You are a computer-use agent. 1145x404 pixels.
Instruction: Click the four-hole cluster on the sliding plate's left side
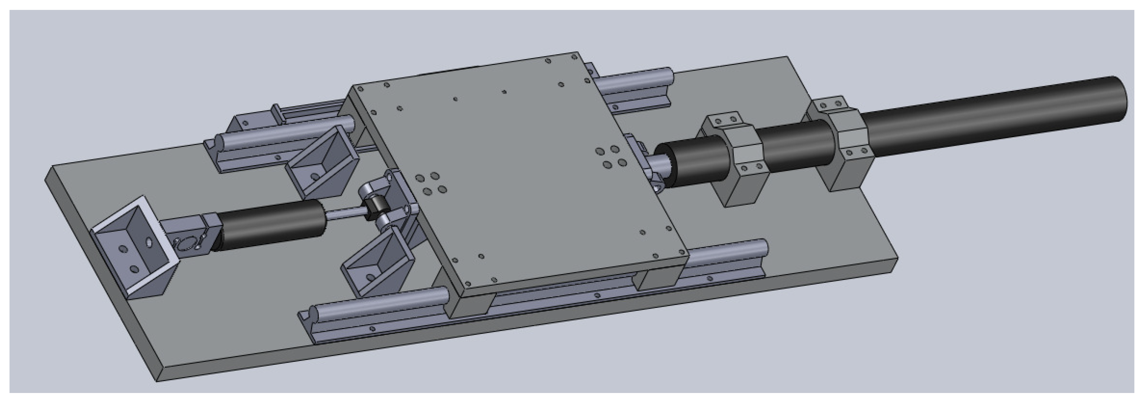(x=430, y=184)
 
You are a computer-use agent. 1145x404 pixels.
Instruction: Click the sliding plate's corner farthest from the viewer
(x=578, y=54)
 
